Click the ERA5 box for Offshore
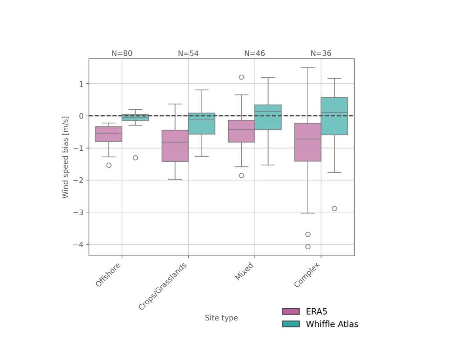click(x=108, y=134)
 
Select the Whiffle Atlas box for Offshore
click(x=135, y=117)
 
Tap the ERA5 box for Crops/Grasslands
click(x=175, y=146)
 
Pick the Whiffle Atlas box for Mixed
click(x=268, y=117)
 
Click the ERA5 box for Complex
click(x=308, y=142)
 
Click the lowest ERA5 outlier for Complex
click(x=308, y=247)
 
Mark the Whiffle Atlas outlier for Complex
click(x=334, y=208)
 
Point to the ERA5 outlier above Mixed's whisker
click(x=242, y=77)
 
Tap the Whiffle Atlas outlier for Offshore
click(x=135, y=157)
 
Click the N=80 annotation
click(x=122, y=54)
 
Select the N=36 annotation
click(x=321, y=54)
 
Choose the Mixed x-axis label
click(x=245, y=271)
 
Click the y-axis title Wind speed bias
click(x=66, y=157)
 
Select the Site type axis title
click(x=221, y=318)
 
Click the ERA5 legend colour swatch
click(x=291, y=311)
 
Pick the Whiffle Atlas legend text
click(x=332, y=324)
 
